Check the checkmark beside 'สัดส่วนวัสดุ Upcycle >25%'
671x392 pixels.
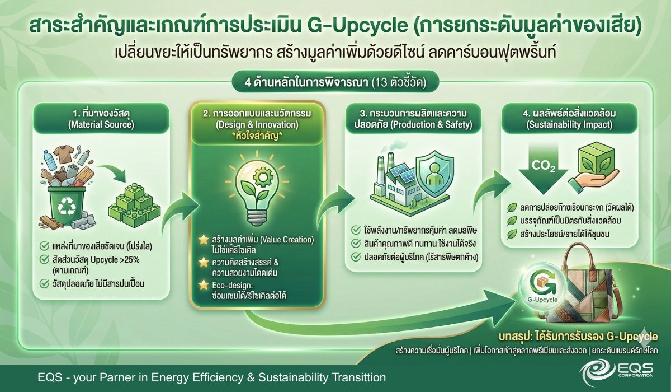44,259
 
